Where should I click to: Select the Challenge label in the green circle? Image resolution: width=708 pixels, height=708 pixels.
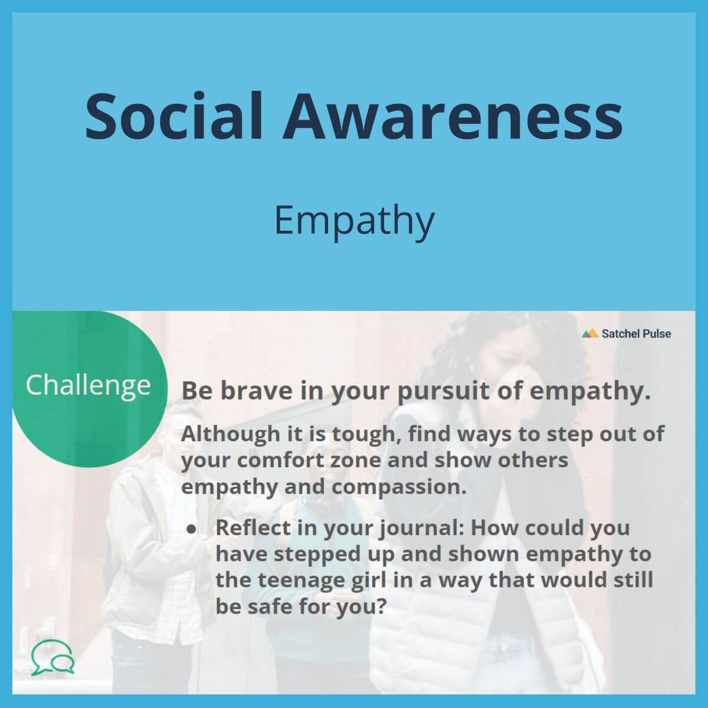pos(88,386)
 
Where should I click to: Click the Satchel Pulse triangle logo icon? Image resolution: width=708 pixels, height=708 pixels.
pos(590,333)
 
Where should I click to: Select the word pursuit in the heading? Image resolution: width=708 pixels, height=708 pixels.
pos(444,392)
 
